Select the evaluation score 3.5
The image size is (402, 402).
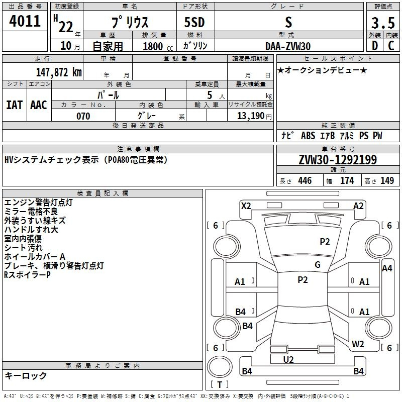[x=382, y=24]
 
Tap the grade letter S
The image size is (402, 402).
[x=288, y=23]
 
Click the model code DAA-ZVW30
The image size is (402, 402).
[x=288, y=46]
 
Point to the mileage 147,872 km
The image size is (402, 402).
[x=59, y=72]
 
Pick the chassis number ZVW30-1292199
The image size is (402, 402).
[x=338, y=160]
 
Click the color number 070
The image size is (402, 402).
[x=83, y=116]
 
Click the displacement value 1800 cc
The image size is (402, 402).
[x=154, y=47]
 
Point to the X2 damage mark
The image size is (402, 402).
[x=246, y=206]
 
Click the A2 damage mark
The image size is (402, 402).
[x=358, y=206]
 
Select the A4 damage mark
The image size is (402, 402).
[x=387, y=268]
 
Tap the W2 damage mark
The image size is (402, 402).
[x=358, y=344]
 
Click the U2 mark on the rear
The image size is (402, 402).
[x=288, y=359]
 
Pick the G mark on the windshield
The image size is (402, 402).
[x=318, y=265]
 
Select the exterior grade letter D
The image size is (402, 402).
[x=374, y=46]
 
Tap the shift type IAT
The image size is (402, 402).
[x=14, y=105]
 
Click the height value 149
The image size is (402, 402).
[x=387, y=181]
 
